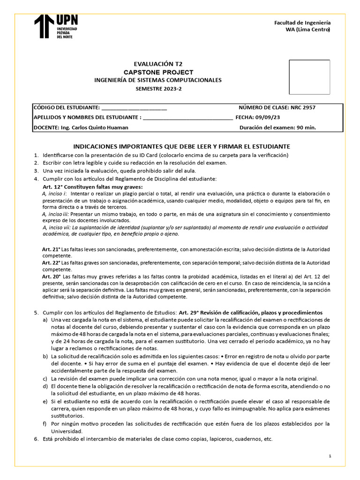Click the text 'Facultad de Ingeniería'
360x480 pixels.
tap(302, 22)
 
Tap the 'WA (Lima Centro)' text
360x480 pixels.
tap(307, 30)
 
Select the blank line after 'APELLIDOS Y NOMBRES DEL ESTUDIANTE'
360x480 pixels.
tap(187, 118)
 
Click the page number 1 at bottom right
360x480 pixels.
tap(330, 456)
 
